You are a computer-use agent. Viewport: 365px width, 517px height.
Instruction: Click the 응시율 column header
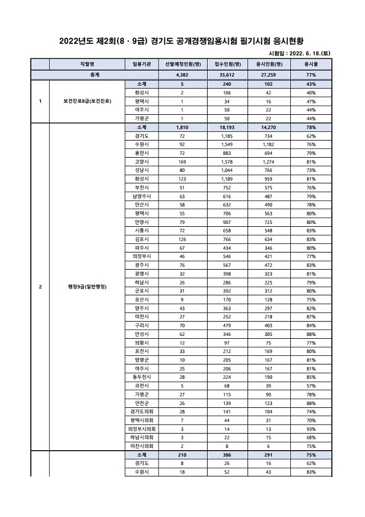pyautogui.click(x=311, y=65)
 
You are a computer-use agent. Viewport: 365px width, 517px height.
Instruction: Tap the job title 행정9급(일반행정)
pyautogui.click(x=88, y=286)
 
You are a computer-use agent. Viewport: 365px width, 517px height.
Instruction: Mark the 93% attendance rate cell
pyautogui.click(x=311, y=428)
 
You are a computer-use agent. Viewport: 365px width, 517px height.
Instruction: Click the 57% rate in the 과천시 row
pyautogui.click(x=311, y=386)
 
